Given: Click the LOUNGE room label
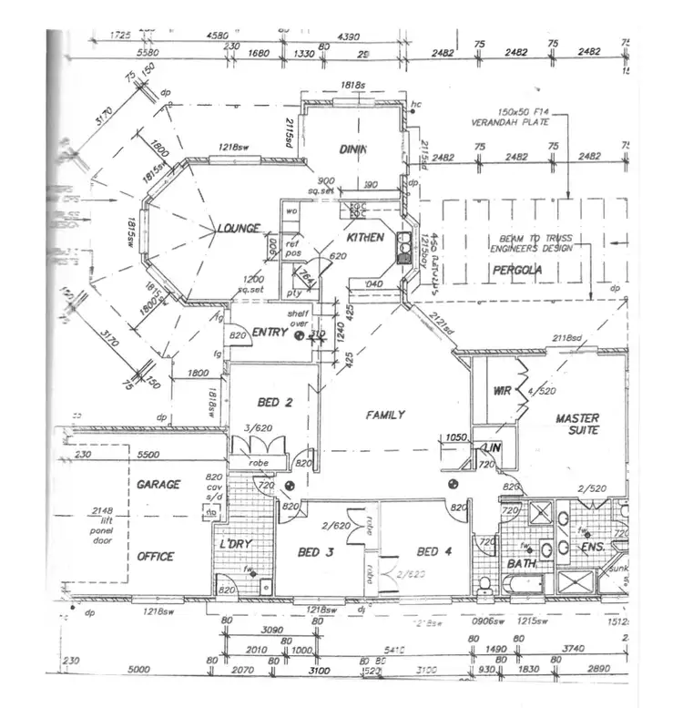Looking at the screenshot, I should point(239,228).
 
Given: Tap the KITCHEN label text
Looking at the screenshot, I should point(364,237).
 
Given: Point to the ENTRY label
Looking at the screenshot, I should point(270,333).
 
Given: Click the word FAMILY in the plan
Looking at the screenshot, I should point(384,415).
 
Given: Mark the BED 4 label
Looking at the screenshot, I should point(434,551).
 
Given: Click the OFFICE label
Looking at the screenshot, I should point(155,556).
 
